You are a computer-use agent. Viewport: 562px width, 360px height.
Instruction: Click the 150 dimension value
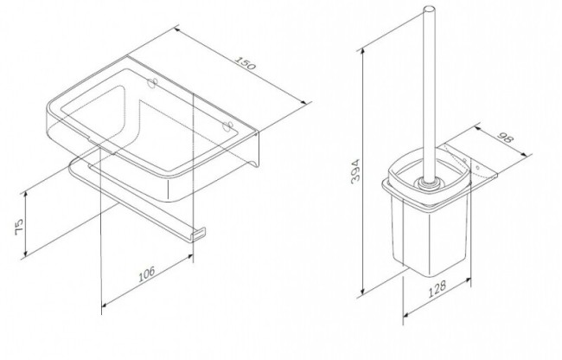246,63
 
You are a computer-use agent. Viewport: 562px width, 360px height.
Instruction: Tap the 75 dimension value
19,227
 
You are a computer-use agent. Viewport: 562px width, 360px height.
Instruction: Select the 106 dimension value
147,273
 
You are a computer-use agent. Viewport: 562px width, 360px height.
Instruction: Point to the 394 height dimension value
355,171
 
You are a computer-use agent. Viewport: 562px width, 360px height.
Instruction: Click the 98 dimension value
506,138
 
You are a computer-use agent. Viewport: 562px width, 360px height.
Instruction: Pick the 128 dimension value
437,289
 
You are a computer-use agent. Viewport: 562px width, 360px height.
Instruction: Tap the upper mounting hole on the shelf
153,83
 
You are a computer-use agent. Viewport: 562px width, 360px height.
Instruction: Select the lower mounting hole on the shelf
227,126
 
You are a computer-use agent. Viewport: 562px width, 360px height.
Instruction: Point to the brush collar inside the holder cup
428,183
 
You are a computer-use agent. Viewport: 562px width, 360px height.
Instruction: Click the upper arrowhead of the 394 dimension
363,53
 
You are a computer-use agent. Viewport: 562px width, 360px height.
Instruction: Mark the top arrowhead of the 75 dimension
25,196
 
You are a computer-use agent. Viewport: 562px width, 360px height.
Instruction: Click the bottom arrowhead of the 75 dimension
25,252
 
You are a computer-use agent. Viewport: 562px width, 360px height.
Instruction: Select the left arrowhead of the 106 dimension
105,305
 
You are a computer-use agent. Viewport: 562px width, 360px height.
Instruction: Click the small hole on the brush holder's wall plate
477,167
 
